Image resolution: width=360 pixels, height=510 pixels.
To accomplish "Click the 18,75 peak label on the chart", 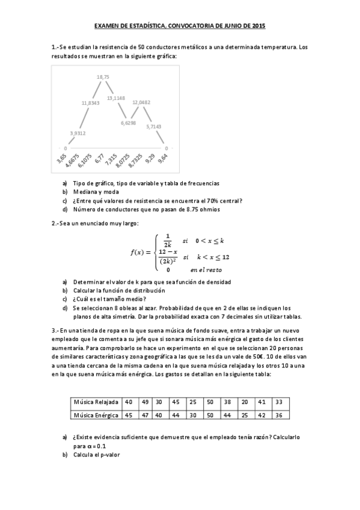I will pos(103,77).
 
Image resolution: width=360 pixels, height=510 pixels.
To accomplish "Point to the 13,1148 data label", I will pos(116,97).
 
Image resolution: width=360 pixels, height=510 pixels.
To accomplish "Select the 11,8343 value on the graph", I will pos(90,103).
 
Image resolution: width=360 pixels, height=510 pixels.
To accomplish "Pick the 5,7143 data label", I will pos(153,126).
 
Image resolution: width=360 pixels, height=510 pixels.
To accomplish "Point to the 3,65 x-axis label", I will pos(61,159).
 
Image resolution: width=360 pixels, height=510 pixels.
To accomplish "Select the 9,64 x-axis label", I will pos(163,159).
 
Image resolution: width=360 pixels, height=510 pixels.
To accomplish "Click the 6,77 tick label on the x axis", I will pos(100,159).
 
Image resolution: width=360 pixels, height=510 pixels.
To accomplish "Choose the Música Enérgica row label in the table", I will pos(94,415).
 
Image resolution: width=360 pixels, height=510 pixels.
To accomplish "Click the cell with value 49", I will pos(145,402).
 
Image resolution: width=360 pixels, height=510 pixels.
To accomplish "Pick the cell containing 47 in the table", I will pos(145,415).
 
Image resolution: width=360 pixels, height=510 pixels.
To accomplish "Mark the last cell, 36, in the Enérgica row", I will pos(278,415).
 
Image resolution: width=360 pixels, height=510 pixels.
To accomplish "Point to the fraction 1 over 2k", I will pos(168,240).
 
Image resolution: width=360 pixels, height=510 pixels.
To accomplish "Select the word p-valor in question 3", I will pos(109,455).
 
